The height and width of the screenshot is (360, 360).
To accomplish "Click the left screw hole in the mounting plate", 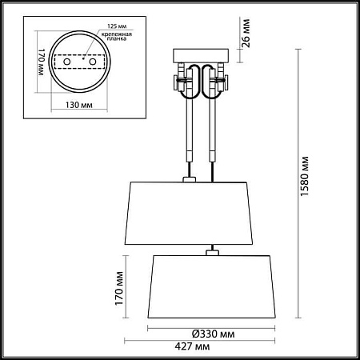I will [66, 62].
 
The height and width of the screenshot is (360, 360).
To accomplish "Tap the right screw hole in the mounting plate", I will [93, 62].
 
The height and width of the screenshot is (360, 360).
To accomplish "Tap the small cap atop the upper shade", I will [190, 180].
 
